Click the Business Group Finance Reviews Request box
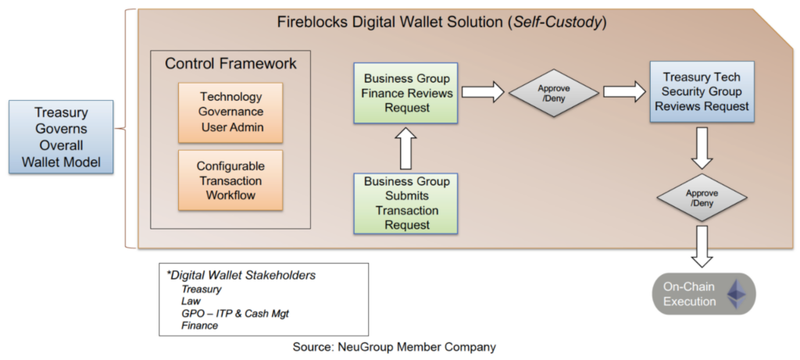point(406,93)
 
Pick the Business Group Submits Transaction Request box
point(406,203)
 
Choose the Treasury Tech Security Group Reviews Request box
point(699,92)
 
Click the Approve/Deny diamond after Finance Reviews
point(554,93)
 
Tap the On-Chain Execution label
point(690,294)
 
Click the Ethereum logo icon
point(735,294)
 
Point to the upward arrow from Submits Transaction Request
point(406,148)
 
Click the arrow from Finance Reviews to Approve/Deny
point(483,93)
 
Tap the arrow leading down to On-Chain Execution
point(701,246)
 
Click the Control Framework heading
point(230,63)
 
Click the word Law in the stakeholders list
point(191,301)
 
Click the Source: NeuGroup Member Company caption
point(395,346)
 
